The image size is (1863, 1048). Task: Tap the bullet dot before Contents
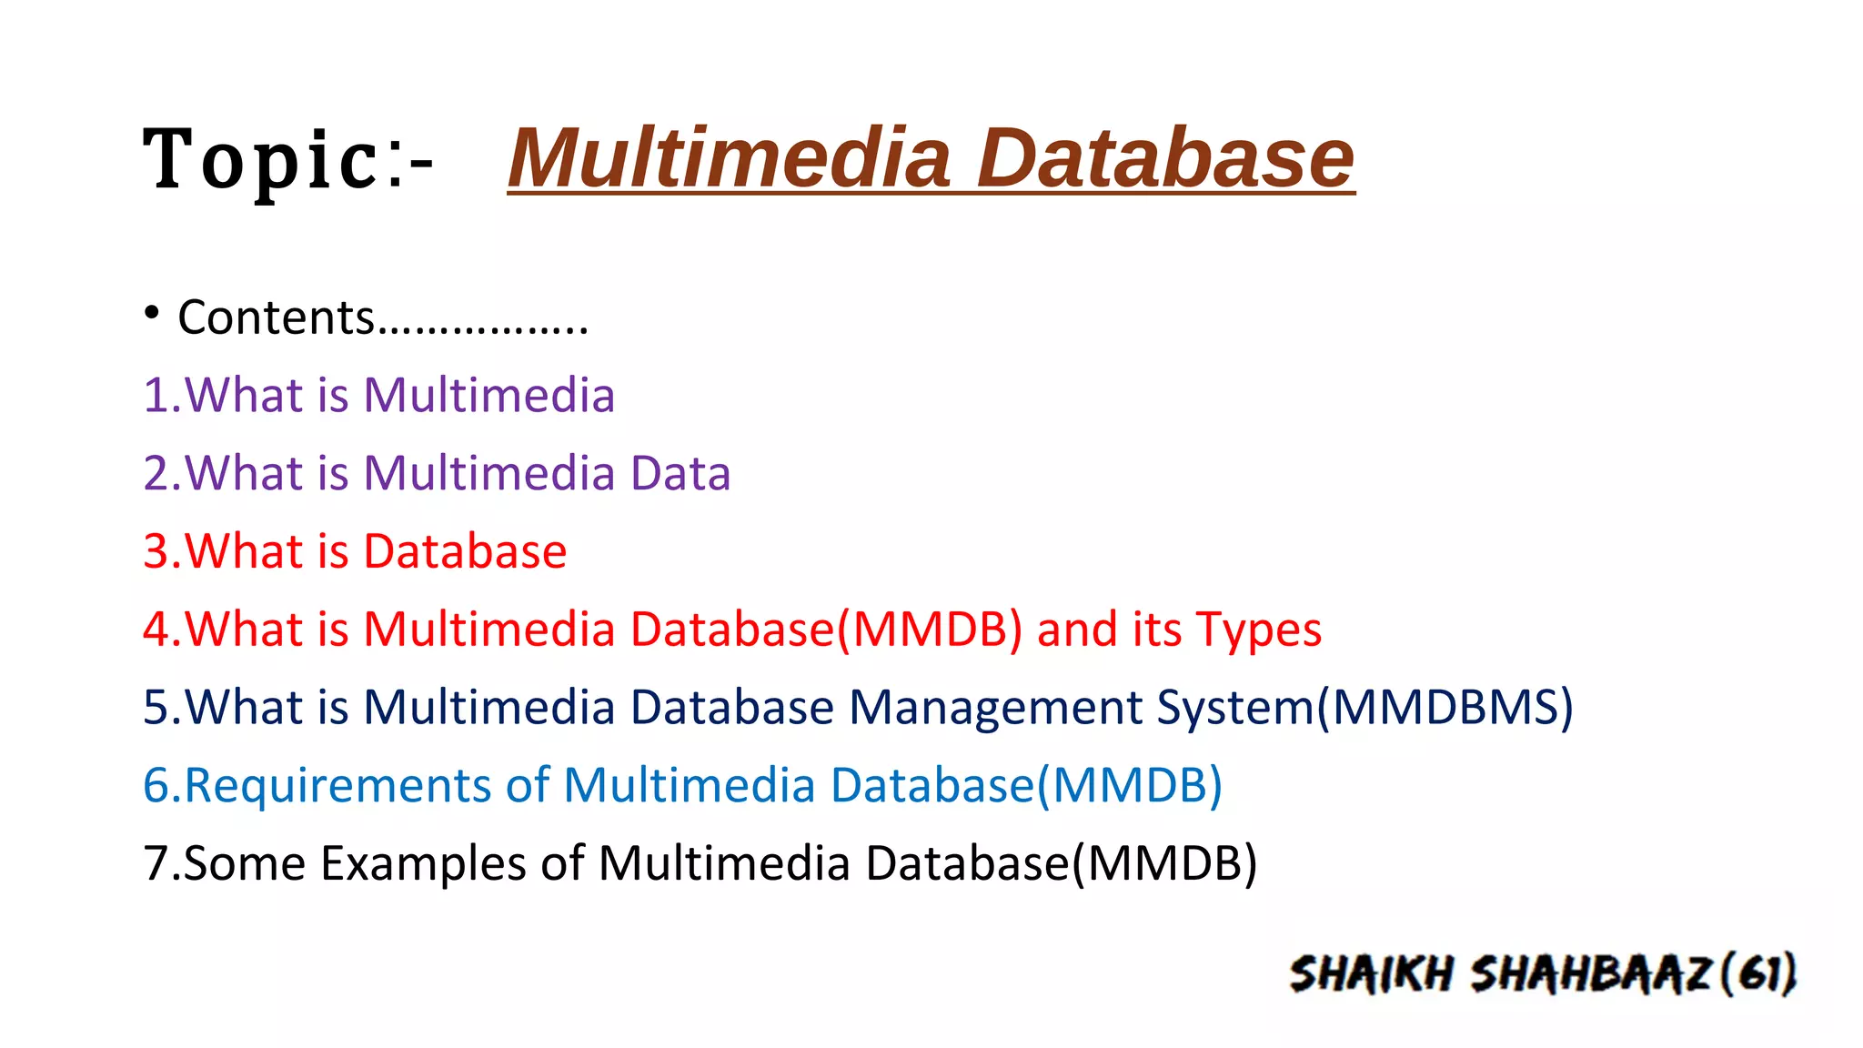point(152,314)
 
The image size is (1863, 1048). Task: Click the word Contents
point(276,317)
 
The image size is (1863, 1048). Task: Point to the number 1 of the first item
point(156,396)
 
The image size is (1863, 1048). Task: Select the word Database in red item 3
point(465,551)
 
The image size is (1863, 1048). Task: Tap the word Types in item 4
point(1258,630)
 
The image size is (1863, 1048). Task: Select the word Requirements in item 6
point(337,786)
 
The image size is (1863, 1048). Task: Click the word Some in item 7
point(244,863)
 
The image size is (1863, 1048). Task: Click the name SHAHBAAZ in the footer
point(1592,974)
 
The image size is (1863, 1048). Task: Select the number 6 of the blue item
point(156,786)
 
